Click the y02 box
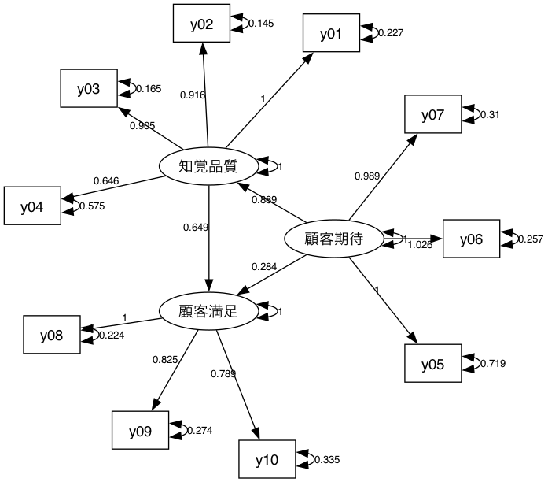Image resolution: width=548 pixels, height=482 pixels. [202, 24]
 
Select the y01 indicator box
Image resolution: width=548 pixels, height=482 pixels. [332, 34]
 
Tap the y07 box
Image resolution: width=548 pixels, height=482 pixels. [432, 116]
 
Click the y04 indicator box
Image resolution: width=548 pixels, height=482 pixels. [32, 207]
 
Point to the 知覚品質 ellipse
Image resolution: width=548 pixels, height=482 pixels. [208, 166]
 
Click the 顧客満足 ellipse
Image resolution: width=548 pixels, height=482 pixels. [208, 311]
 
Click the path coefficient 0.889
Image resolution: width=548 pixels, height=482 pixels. [263, 200]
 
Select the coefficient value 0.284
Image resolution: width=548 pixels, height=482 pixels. [263, 267]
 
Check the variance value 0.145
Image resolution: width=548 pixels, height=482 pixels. [261, 24]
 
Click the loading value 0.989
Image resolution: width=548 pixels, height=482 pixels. [366, 176]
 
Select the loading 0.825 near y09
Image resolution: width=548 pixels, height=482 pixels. [165, 360]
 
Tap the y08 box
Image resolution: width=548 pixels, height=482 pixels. [51, 336]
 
